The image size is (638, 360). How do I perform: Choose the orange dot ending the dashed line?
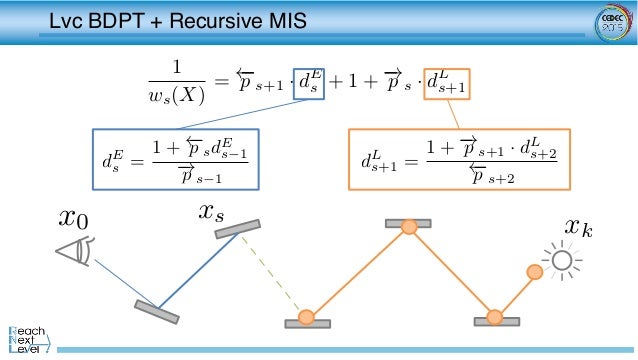click(x=306, y=318)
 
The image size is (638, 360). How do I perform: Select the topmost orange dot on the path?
click(x=408, y=228)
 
